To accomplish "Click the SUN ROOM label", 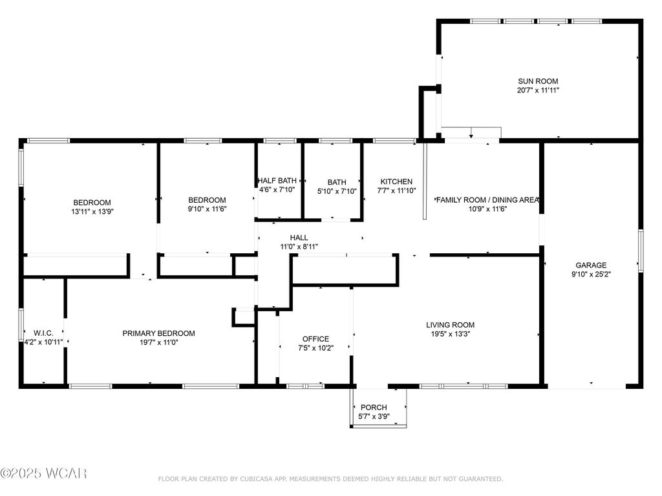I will pyautogui.click(x=537, y=81).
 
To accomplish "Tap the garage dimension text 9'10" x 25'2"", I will pyautogui.click(x=591, y=274).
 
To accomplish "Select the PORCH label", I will pyautogui.click(x=374, y=408).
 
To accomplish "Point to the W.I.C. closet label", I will pyautogui.click(x=43, y=333).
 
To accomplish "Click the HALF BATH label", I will pyautogui.click(x=277, y=181).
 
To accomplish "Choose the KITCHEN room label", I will pyautogui.click(x=396, y=182).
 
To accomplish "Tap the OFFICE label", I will pyautogui.click(x=315, y=339).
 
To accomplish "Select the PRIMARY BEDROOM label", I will pyautogui.click(x=158, y=333).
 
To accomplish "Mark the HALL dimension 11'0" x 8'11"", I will pyautogui.click(x=299, y=247).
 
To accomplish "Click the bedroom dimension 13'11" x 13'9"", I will pyautogui.click(x=92, y=211).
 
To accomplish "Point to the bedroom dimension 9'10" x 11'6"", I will pyautogui.click(x=207, y=209).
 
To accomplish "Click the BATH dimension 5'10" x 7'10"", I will pyautogui.click(x=337, y=191).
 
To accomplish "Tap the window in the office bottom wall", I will pyautogui.click(x=305, y=386).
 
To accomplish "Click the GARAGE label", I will pyautogui.click(x=591, y=265).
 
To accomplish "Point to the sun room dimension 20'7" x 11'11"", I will pyautogui.click(x=537, y=90).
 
